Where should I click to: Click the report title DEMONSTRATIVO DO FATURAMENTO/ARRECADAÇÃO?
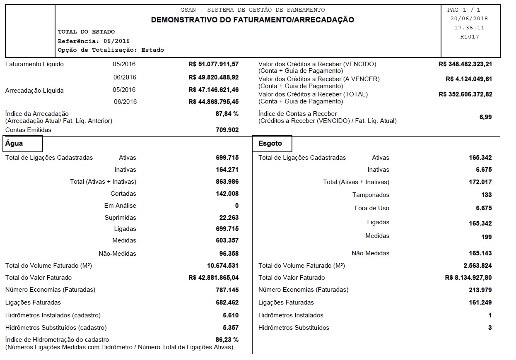coord(252,19)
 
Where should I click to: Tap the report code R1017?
coord(469,37)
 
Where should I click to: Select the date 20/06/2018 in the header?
coord(469,19)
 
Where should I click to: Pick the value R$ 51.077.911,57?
coord(213,64)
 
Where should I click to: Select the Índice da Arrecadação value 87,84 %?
coord(224,114)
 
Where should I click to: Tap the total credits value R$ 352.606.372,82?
coord(465,94)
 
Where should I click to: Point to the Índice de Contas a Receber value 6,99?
coord(485,117)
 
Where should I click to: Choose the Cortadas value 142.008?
coord(227,194)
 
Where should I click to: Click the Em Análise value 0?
coord(237,206)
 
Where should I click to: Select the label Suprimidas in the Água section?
coord(120,218)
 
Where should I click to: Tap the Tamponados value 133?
coord(487,195)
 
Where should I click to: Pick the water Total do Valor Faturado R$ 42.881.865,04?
coord(213,278)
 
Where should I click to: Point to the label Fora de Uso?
coord(372,208)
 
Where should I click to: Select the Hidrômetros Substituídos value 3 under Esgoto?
coord(490,328)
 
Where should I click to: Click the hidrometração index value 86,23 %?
coord(227,340)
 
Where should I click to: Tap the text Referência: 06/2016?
coord(94,41)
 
